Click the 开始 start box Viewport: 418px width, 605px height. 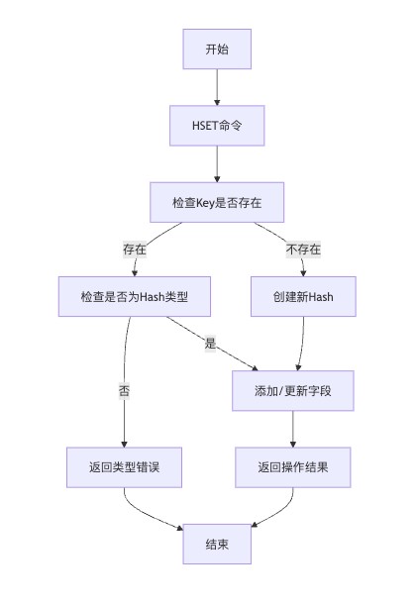[x=217, y=49]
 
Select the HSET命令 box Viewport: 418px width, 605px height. [x=217, y=126]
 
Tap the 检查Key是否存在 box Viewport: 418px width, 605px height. [x=217, y=202]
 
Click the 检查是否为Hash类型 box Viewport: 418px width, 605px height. [x=135, y=296]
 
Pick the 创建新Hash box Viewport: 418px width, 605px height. [x=303, y=296]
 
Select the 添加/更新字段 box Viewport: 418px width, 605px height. [x=293, y=390]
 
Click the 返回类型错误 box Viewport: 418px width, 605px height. [x=124, y=467]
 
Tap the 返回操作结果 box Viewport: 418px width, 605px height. [x=293, y=467]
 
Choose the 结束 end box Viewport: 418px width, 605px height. [x=217, y=544]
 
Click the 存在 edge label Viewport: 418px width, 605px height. [x=135, y=250]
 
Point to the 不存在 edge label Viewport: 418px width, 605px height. [x=303, y=250]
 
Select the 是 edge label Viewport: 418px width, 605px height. [x=210, y=343]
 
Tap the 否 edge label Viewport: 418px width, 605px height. [x=124, y=390]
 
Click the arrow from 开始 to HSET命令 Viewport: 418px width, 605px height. [x=217, y=87]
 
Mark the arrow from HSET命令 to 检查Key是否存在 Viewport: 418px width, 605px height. [x=217, y=163]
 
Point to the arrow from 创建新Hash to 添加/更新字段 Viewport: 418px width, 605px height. [x=302, y=344]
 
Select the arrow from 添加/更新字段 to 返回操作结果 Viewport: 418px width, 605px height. [x=293, y=429]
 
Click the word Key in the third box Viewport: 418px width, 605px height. [x=205, y=203]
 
